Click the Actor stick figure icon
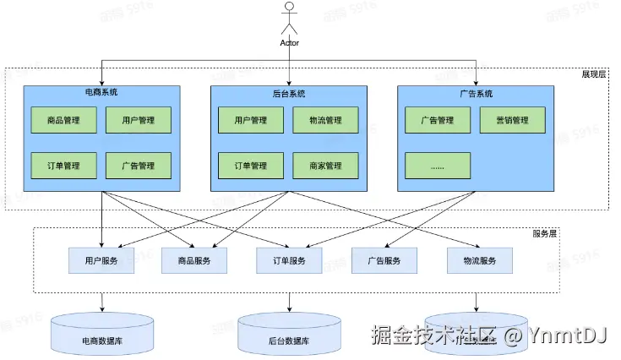click(290, 19)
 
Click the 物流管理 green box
click(325, 120)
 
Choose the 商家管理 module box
click(325, 165)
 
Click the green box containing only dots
click(437, 165)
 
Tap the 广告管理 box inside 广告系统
click(437, 120)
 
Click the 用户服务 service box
click(101, 261)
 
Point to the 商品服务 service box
click(193, 261)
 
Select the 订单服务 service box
click(289, 261)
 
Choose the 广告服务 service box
click(384, 261)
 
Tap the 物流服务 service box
click(478, 261)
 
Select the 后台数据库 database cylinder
click(288, 335)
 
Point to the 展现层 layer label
click(594, 75)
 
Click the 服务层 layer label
click(545, 233)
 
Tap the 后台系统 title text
click(288, 93)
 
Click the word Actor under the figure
click(290, 42)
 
